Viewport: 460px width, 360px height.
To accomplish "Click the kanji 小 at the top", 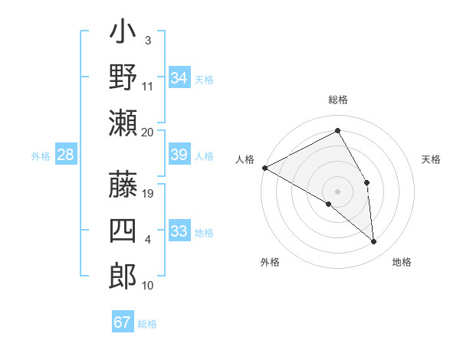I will (123, 34).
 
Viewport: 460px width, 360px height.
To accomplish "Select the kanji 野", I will (123, 77).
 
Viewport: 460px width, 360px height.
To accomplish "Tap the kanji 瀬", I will (123, 122).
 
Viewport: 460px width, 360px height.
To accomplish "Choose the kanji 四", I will (123, 231).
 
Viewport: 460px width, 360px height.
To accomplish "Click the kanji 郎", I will (123, 276).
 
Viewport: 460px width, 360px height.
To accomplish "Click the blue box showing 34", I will (179, 78).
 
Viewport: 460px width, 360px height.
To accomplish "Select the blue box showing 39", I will (179, 155).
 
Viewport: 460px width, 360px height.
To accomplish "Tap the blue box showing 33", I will (179, 232).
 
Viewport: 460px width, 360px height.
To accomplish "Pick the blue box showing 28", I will (65, 155).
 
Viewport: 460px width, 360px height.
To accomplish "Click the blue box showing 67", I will (123, 322).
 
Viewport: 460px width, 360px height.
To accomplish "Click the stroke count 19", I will (148, 194).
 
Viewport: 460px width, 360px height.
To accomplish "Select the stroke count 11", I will (148, 86).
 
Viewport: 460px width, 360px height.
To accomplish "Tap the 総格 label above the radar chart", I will (338, 100).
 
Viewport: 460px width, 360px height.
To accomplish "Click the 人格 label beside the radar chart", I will (245, 159).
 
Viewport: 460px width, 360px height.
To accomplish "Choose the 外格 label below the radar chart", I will (270, 262).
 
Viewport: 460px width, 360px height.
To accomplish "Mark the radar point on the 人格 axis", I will (264, 168).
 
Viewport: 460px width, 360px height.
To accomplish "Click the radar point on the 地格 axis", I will (374, 242).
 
